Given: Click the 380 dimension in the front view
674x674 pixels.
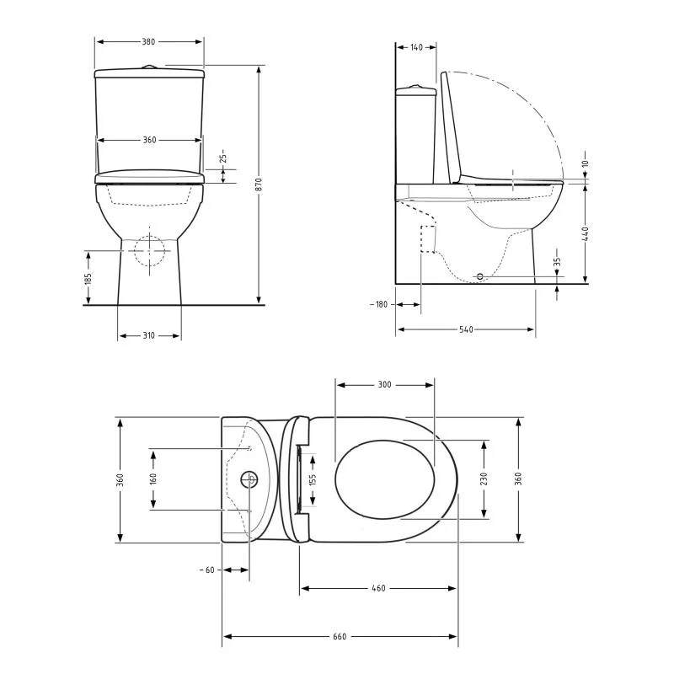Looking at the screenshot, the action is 148,41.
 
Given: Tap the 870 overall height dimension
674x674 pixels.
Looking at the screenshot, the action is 259,185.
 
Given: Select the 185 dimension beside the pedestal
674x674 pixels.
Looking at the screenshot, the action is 88,279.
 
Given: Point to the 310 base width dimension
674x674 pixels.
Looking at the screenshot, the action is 149,335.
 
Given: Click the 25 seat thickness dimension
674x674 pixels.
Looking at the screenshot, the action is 222,158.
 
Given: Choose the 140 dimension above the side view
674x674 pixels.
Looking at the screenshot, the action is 416,47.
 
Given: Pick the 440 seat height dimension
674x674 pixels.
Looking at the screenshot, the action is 585,234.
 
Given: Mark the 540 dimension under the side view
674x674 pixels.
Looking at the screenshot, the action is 466,329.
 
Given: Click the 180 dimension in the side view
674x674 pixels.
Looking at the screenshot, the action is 382,304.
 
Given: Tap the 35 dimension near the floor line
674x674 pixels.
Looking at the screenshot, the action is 557,261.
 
